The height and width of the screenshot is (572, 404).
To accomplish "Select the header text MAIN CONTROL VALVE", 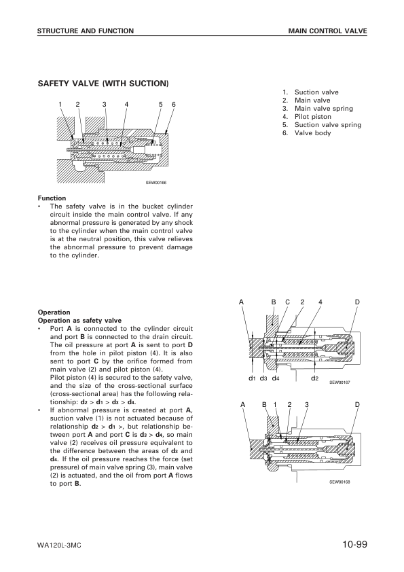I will tap(327, 31).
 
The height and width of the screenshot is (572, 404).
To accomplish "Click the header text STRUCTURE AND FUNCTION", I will tap(85, 31).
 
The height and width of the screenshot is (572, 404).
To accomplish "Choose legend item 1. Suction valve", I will tap(311, 92).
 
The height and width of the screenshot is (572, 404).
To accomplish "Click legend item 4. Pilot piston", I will tap(308, 117).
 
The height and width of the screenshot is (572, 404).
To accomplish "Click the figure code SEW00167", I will tap(339, 382).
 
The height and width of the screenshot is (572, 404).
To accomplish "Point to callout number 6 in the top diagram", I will tap(174, 104).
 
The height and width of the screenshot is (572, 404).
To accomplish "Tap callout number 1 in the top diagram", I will tap(60, 104).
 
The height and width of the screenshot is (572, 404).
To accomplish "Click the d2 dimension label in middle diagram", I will tap(314, 377).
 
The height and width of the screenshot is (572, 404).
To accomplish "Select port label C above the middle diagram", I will tap(287, 302).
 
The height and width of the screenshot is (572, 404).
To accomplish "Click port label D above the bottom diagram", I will tap(357, 404).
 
